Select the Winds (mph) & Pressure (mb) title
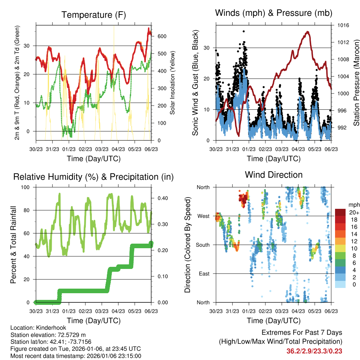(274, 13)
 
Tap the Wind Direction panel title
(274, 175)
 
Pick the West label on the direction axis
(204, 216)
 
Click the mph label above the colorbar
(353, 205)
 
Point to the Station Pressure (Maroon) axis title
(356, 83)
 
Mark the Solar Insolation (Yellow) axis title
(173, 83)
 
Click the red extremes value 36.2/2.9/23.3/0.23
(314, 351)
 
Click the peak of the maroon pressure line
(308, 32)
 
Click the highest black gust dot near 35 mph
(244, 31)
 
